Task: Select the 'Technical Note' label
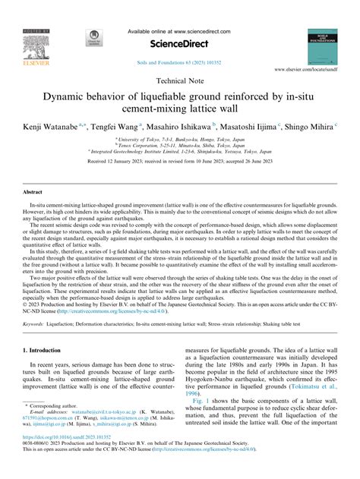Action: click(179, 79)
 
